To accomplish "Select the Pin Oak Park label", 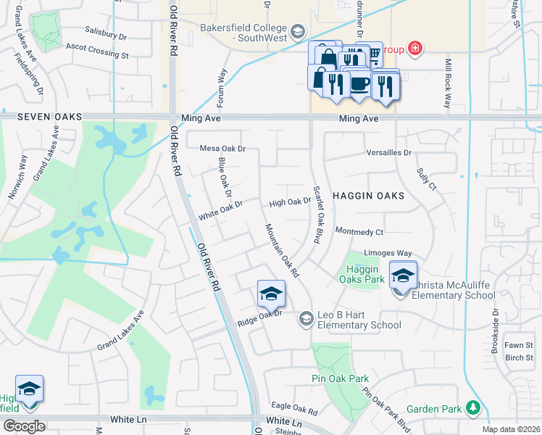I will tap(340, 378).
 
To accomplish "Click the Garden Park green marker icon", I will tap(473, 408).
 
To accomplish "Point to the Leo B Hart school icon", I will tap(306, 318).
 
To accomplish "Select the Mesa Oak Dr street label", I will tap(223, 149).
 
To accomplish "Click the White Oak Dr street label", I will tap(220, 211).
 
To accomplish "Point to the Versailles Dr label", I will tap(388, 153).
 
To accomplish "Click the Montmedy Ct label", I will tap(359, 231).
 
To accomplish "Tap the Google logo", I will tap(23, 426).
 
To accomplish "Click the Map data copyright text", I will tap(511, 429).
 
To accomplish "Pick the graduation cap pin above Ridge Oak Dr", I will tap(271, 293).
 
